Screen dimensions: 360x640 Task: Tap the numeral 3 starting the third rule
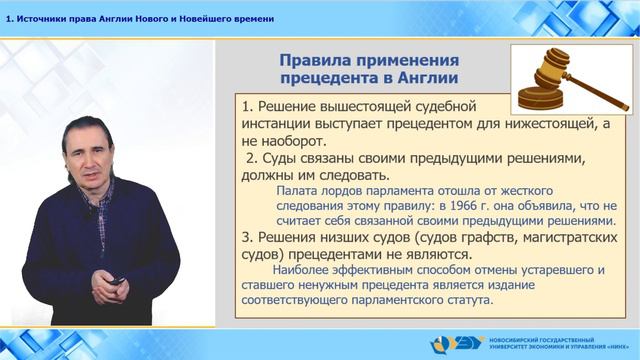tap(248, 237)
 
